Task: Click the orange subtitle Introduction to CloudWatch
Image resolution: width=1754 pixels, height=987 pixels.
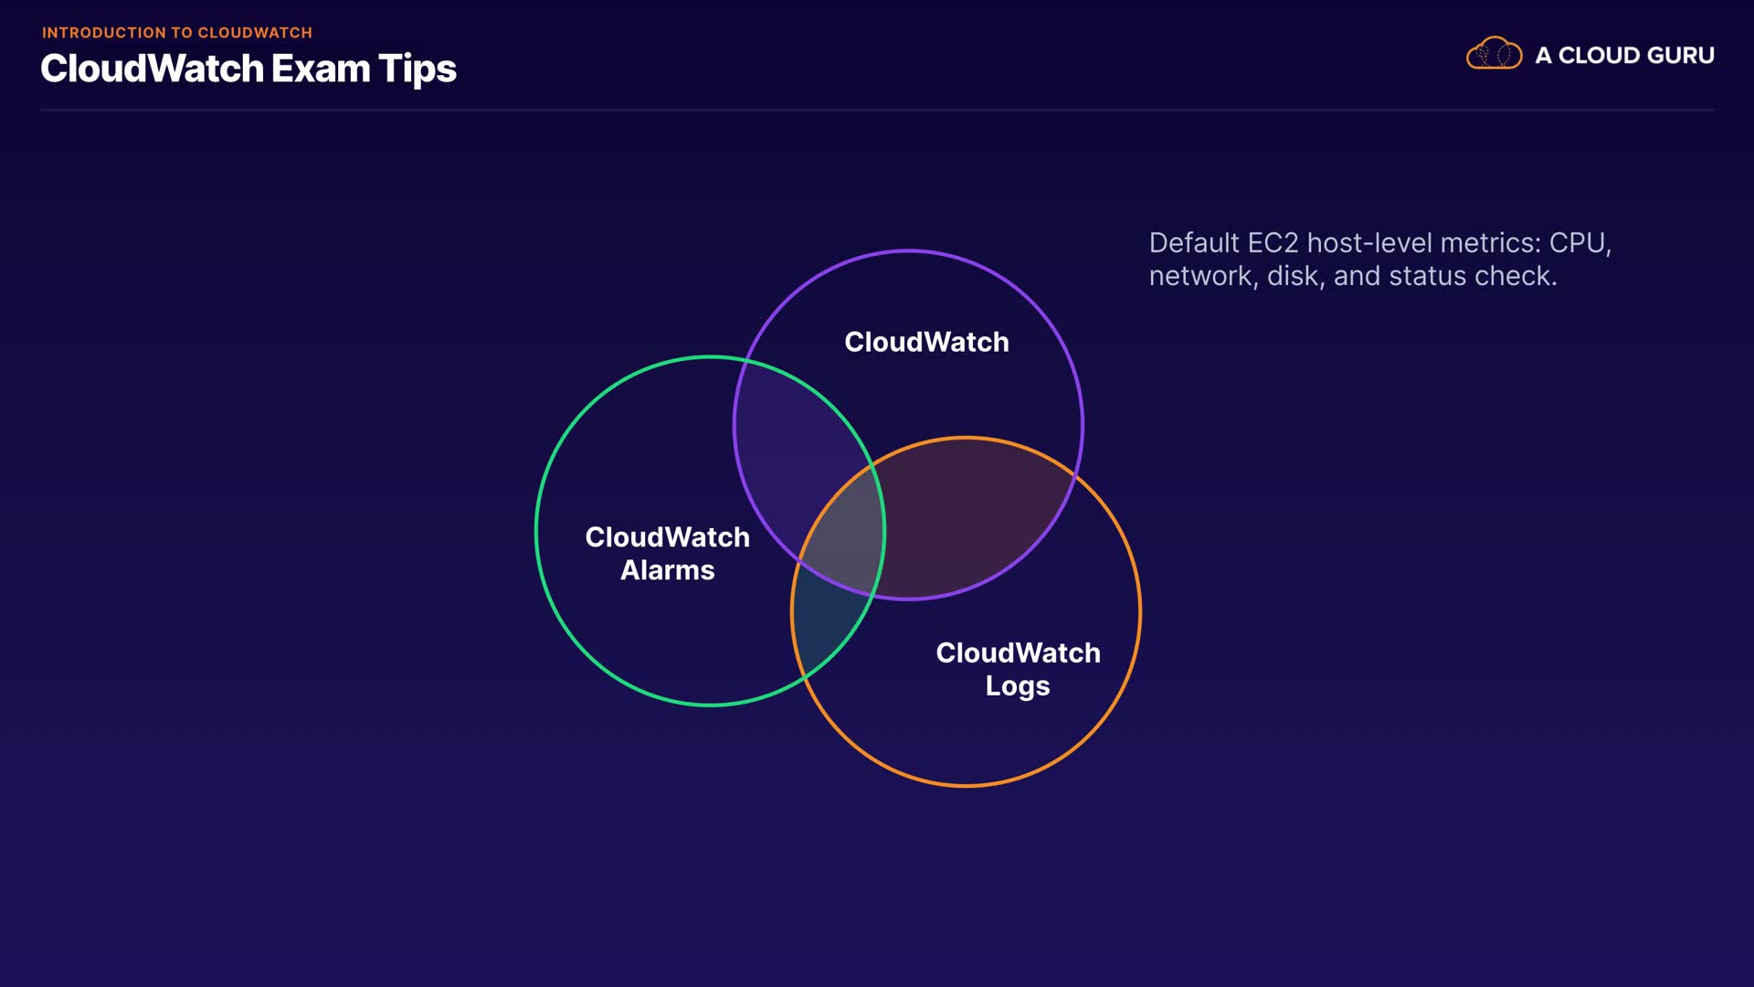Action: [x=176, y=33]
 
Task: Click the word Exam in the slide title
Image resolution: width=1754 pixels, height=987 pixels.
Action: [x=321, y=69]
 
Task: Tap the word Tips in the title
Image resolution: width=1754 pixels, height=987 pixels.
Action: [x=417, y=69]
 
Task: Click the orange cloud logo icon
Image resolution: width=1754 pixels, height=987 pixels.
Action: [x=1494, y=54]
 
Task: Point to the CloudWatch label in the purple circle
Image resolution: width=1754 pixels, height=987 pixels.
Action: [x=926, y=342]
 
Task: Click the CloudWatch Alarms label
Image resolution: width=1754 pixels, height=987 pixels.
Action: [x=667, y=553]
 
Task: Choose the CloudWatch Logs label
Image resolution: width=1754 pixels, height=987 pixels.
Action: [x=1018, y=669]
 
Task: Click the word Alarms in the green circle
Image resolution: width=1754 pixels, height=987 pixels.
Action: [x=667, y=570]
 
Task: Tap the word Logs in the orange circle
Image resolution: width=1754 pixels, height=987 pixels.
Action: [x=1018, y=686]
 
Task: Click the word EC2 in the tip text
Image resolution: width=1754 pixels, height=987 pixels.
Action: [x=1273, y=243]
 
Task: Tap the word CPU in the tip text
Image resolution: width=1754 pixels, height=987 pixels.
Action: [x=1580, y=243]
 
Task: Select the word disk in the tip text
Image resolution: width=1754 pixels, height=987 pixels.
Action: [x=1292, y=276]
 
